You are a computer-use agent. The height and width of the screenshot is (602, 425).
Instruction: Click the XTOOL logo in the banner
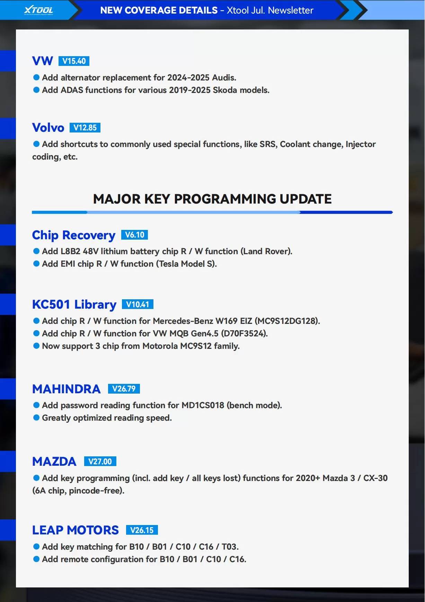(38, 10)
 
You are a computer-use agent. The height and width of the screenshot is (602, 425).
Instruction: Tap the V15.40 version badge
(74, 61)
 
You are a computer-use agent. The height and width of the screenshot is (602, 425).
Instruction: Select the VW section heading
(43, 61)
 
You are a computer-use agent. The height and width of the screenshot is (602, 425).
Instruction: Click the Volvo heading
(48, 128)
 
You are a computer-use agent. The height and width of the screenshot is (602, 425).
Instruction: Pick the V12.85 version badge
(85, 128)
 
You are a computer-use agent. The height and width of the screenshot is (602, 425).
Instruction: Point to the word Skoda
(225, 90)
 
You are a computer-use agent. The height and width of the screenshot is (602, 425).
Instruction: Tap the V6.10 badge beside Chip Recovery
(134, 235)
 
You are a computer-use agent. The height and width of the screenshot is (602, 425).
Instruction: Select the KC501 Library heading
(74, 304)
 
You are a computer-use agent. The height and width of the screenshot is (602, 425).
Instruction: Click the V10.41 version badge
(138, 304)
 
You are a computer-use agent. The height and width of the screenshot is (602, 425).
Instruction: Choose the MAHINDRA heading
(67, 389)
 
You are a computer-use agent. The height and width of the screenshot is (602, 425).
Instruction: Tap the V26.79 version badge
(124, 389)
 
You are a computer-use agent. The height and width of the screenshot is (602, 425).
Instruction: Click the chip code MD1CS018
(203, 405)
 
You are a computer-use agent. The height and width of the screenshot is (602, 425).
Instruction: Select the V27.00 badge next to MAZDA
(100, 462)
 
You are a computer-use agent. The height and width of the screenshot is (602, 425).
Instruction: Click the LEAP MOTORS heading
(76, 530)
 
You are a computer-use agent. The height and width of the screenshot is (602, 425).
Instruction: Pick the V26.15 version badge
(142, 530)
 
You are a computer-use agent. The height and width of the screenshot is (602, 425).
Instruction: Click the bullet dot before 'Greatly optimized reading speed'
(36, 418)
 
